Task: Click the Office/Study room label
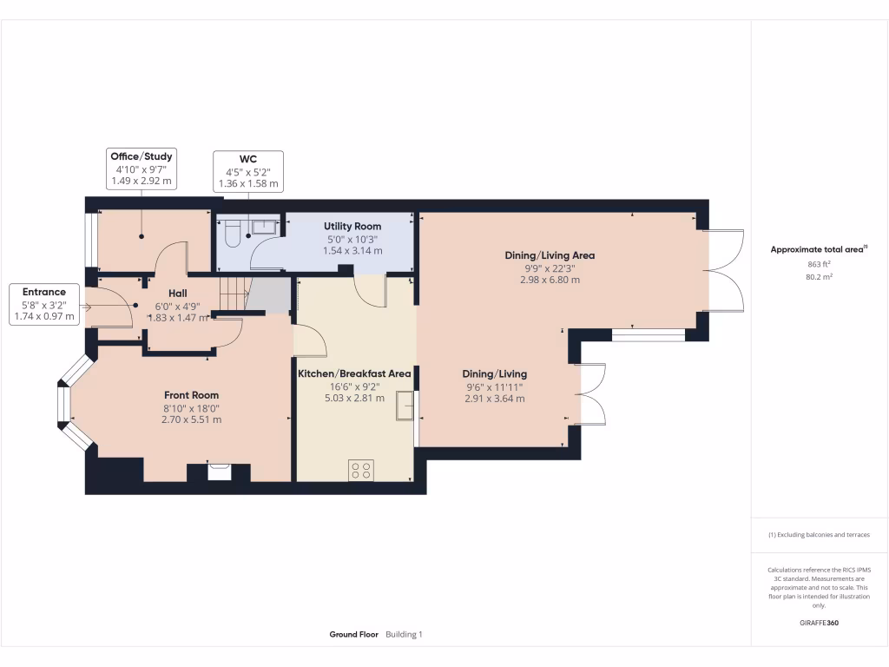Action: [141, 156]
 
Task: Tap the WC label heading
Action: [248, 160]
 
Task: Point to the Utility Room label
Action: [352, 227]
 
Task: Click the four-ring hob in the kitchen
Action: [360, 470]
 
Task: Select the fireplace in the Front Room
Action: [220, 472]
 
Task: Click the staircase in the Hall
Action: [234, 293]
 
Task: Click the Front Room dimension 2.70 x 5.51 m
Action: [191, 419]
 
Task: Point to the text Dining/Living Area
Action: [550, 255]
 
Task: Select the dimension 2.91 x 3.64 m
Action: [495, 399]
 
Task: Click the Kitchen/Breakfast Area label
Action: [354, 373]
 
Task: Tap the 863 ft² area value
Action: [820, 263]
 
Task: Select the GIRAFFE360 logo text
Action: [820, 623]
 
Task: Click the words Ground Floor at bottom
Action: [353, 635]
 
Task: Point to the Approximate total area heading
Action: [819, 249]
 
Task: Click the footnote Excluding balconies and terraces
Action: [819, 535]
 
